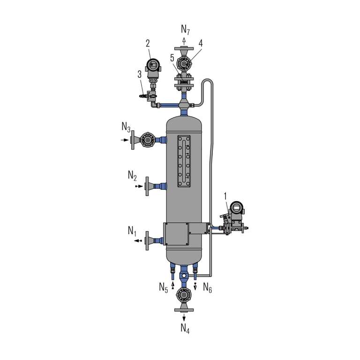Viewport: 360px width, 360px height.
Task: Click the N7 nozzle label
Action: (185, 30)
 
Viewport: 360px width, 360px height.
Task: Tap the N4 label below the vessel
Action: (185, 328)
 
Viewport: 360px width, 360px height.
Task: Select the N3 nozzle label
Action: (126, 127)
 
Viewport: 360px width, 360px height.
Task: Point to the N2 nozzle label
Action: (132, 176)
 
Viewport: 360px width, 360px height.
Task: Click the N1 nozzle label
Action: (132, 231)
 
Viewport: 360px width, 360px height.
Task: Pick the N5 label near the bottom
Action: (164, 287)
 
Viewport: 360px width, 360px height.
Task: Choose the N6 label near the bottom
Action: (207, 287)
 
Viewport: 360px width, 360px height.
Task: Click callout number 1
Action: (225, 196)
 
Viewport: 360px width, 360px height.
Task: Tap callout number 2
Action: (148, 44)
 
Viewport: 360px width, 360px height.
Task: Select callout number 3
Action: (140, 75)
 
